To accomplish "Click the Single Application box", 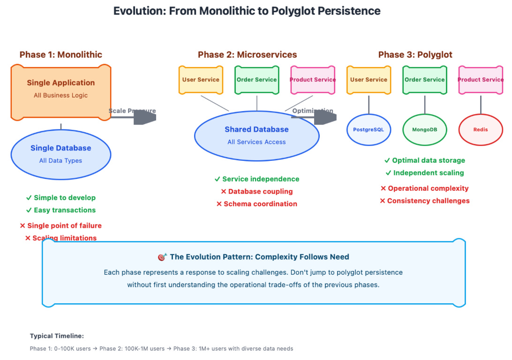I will point(61,92).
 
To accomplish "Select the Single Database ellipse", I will point(61,154).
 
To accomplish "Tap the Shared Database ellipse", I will point(256,135).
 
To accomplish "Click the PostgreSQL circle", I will point(369,129).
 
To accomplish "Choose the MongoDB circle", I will point(425,129).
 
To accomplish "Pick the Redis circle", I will point(480,129).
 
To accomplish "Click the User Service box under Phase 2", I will point(201,80).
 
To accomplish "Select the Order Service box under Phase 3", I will point(425,80).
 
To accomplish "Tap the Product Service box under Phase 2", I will point(313,80).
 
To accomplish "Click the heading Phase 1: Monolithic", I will point(61,55).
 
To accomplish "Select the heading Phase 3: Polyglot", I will point(415,55).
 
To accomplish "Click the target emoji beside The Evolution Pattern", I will point(162,257).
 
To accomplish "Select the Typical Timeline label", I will point(57,336).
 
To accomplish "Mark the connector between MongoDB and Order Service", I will point(425,105).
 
